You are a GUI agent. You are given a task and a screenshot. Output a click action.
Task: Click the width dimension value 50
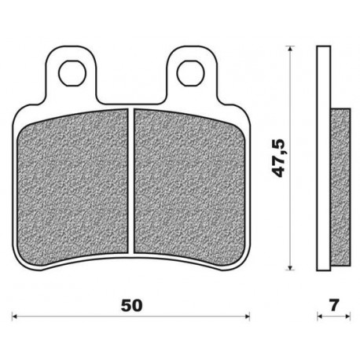click(132, 303)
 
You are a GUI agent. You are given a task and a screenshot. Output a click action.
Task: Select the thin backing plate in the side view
click(321, 157)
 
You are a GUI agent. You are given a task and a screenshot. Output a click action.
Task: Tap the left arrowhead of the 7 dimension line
click(320, 318)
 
